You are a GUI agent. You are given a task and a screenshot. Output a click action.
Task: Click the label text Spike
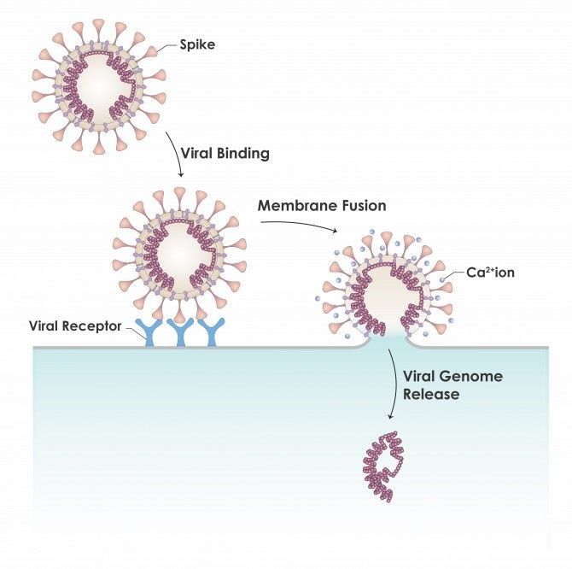(197, 45)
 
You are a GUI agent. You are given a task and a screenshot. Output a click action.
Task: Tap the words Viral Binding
(225, 153)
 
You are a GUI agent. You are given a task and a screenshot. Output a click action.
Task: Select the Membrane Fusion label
(322, 206)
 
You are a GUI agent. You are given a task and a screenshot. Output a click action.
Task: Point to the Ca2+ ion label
(490, 273)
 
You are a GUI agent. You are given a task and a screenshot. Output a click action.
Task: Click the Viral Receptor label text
(75, 326)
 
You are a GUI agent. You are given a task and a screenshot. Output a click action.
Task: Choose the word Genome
(471, 376)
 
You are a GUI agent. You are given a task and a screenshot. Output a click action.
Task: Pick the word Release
(431, 394)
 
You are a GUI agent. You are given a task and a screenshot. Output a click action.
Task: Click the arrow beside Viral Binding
(176, 154)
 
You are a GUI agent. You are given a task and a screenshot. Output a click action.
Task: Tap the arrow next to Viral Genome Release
(395, 384)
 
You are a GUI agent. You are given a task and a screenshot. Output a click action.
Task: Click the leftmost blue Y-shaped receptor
(149, 331)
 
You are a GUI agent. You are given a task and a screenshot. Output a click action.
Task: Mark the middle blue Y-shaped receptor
(181, 331)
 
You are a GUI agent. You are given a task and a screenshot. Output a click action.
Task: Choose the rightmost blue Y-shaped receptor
(211, 331)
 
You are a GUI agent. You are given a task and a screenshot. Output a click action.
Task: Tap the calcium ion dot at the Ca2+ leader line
(442, 279)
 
